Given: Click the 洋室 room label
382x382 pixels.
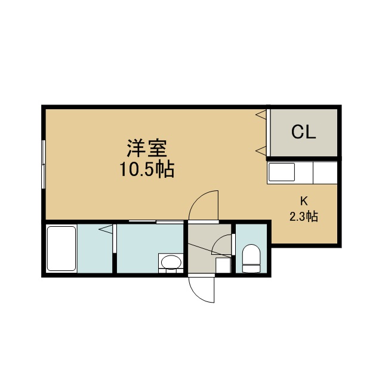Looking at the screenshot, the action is click(x=147, y=148).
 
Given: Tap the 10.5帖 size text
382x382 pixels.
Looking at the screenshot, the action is click(x=147, y=169).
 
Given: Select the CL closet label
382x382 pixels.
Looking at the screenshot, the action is click(x=304, y=132).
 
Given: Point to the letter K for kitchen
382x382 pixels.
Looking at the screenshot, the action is click(x=304, y=201).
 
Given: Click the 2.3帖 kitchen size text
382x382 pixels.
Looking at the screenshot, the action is click(x=304, y=216).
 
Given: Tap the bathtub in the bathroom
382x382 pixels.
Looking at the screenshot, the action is click(x=61, y=248).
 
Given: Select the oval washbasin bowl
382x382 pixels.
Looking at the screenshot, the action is click(x=171, y=262).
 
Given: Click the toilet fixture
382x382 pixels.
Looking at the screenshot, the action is click(x=251, y=258).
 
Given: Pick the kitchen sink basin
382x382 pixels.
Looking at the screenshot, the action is click(x=281, y=172).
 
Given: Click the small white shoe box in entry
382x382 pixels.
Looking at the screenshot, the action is click(x=223, y=265).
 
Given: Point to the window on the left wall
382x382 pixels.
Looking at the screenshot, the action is click(x=44, y=164).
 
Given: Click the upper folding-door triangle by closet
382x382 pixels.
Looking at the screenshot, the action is click(x=261, y=115).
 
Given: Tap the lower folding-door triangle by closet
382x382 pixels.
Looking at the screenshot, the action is click(x=261, y=151).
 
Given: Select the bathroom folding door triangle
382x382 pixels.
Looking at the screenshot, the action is click(x=106, y=229).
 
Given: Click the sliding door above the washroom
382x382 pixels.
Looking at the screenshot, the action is click(x=156, y=221).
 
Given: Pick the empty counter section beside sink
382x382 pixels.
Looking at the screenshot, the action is click(x=325, y=172).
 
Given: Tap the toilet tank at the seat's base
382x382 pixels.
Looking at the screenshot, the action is click(x=251, y=269).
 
